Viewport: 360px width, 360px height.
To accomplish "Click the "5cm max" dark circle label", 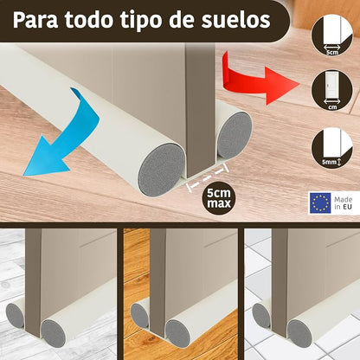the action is tap(219, 198).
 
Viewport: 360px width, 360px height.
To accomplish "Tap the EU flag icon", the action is tap(320, 202).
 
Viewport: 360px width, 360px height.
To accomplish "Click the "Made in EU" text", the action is tap(344, 202).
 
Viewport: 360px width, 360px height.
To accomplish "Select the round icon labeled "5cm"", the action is tap(332, 35).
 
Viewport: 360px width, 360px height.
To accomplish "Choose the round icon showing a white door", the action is tap(332, 90).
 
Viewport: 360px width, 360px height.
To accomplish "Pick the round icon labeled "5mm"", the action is tap(332, 147).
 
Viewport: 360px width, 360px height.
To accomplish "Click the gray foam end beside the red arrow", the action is tap(235, 134).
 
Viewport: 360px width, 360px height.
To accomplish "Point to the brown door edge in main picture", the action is tap(200, 110).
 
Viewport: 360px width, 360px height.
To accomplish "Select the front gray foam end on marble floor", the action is tap(54, 333).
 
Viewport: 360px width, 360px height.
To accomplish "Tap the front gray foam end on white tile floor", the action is tap(300, 333).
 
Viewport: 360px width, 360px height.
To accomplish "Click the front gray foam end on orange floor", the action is tap(177, 333).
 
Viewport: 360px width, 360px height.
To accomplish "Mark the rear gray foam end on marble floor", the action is tap(15, 315).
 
